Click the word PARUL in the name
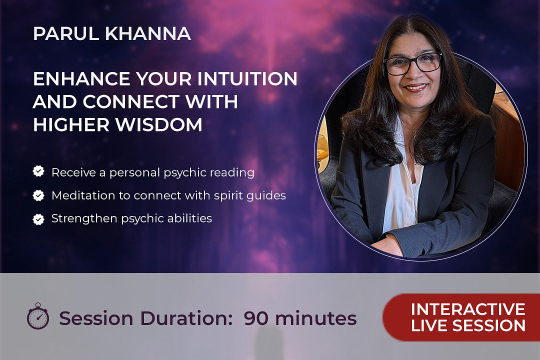coord(66,34)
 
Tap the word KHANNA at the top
coord(148,34)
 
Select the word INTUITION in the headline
coord(247,78)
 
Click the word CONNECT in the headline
coord(131,101)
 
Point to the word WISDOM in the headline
coord(159,124)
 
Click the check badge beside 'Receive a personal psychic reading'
coord(38,171)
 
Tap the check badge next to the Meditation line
coord(38,195)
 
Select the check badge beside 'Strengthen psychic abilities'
coord(38,219)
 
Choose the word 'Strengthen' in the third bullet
coord(84,219)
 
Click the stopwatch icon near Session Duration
coord(38,316)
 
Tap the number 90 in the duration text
coord(256,318)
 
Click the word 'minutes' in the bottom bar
coord(316,318)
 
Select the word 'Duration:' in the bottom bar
coord(186,318)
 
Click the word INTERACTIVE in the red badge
coord(468,309)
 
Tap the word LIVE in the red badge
coord(429,325)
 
